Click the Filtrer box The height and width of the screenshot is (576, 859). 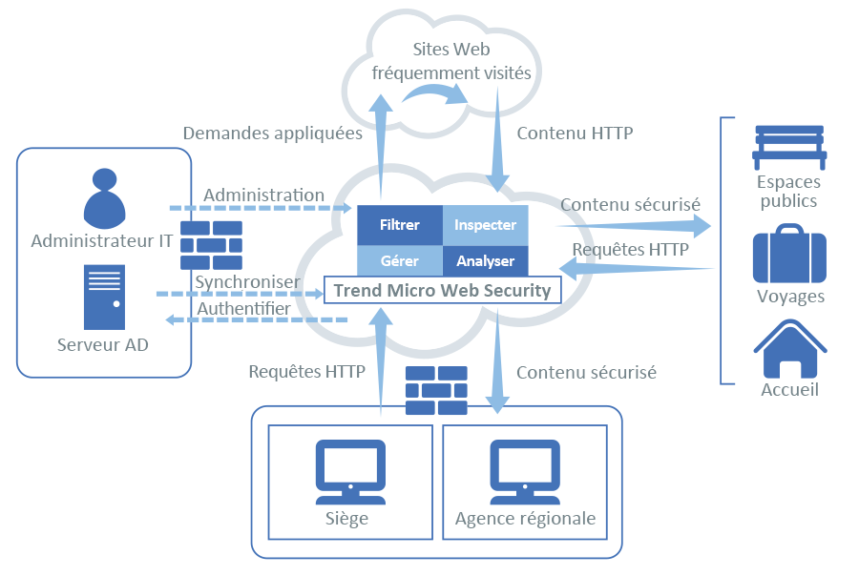coord(399,225)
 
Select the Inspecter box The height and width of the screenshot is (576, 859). coord(485,225)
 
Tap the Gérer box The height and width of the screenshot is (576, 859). coord(399,260)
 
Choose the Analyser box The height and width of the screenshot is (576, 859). coord(485,260)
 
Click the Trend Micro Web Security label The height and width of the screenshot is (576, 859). coord(442,290)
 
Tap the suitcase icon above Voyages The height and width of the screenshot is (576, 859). coord(788,254)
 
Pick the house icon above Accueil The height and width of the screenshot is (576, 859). coord(789,348)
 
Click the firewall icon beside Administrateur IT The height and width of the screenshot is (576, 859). coord(211,246)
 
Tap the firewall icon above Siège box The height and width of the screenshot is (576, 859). coord(436,390)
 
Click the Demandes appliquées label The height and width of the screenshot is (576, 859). coord(272,134)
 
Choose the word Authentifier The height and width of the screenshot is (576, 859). coord(242,309)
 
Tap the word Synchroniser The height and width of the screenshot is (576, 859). coord(247,282)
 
